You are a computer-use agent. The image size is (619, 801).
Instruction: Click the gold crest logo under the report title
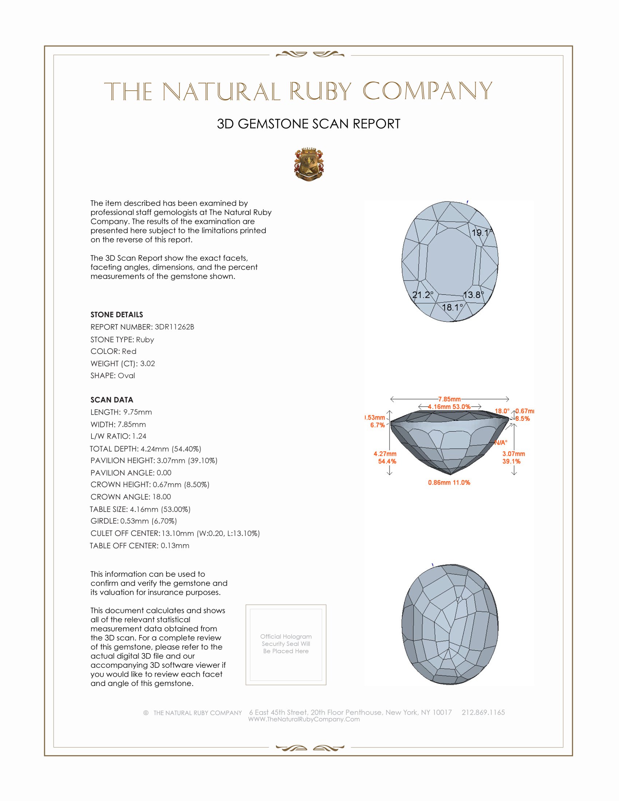[x=309, y=164]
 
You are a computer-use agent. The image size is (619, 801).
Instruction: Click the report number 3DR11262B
[x=174, y=327]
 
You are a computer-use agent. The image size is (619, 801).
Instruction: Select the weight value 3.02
[x=147, y=363]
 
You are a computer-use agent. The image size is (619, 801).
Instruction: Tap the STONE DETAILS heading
[x=117, y=315]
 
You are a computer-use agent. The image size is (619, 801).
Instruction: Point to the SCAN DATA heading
[x=112, y=400]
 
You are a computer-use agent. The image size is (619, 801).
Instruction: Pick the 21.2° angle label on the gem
[x=422, y=295]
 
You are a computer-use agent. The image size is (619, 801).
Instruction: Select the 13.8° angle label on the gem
[x=473, y=295]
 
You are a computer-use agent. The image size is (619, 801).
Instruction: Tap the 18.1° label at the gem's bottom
[x=452, y=307]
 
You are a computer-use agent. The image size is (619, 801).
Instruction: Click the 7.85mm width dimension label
[x=449, y=399]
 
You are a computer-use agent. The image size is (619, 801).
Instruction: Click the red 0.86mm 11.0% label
[x=449, y=483]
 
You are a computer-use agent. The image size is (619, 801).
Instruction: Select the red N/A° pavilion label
[x=501, y=443]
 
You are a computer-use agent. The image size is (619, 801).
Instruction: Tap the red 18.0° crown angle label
[x=502, y=411]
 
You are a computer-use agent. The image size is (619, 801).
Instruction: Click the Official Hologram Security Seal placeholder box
[x=286, y=644]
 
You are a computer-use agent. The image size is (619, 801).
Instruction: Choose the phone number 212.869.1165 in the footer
[x=483, y=712]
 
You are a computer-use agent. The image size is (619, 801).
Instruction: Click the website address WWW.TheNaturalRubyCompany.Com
[x=304, y=719]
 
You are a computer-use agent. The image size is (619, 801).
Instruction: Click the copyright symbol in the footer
[x=146, y=713]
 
